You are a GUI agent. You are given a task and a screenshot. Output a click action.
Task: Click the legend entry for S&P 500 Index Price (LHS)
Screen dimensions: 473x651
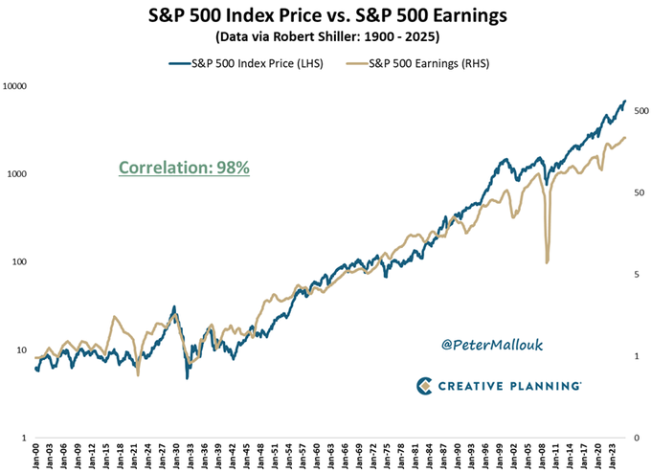point(246,65)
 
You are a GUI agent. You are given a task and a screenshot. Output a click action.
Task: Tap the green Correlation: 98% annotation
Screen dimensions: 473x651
point(184,167)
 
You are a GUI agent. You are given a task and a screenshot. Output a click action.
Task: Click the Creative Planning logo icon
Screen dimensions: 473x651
point(426,386)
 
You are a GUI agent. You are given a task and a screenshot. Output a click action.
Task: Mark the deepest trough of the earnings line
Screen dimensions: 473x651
point(547,261)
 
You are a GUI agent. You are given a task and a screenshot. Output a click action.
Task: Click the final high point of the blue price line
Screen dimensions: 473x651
point(625,101)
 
